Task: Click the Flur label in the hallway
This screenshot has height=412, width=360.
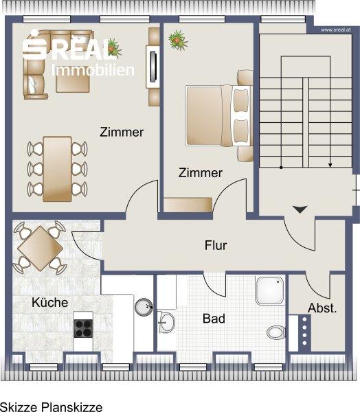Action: (x=215, y=245)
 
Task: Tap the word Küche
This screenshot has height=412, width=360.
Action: (x=49, y=302)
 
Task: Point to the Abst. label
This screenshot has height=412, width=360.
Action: (x=322, y=308)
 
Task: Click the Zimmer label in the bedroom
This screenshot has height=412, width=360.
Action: (x=201, y=173)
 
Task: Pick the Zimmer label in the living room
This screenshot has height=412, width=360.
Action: (x=122, y=132)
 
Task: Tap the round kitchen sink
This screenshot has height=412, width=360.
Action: (x=144, y=307)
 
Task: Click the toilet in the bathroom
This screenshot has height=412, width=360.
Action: (x=275, y=332)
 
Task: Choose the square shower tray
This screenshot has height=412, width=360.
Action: (x=270, y=291)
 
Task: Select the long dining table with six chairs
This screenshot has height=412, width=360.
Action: (x=57, y=168)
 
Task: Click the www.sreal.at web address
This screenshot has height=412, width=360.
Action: (x=337, y=30)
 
